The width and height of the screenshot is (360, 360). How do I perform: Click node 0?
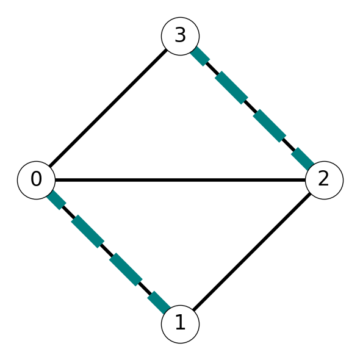coord(36,180)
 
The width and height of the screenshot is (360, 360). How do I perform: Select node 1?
coord(180,324)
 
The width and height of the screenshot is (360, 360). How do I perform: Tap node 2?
coord(324,180)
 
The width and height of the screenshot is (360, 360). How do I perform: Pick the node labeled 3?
coord(180,36)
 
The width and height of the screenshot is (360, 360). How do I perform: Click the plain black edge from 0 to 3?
coord(109,108)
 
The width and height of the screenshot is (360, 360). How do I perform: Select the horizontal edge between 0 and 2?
coord(180,180)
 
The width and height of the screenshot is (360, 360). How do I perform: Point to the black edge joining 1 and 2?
coord(252,252)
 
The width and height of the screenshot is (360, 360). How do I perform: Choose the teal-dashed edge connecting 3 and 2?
coord(252,108)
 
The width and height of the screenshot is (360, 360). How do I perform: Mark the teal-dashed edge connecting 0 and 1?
coord(109,252)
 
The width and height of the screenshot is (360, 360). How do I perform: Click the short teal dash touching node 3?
coord(200,56)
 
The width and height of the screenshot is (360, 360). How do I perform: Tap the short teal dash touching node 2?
coord(303,159)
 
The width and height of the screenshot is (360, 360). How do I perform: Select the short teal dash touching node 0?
coord(56,200)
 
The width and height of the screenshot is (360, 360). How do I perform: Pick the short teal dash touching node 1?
coord(159,303)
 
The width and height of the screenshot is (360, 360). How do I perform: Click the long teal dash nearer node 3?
coord(231,87)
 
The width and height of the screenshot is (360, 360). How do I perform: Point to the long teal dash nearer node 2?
coord(270,126)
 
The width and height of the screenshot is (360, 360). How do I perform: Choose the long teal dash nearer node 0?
coord(88,231)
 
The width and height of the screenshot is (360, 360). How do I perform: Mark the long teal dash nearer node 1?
coord(126,270)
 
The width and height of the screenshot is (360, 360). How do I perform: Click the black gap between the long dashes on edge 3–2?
coord(251,107)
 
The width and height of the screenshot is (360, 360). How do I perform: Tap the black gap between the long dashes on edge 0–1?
coord(107,251)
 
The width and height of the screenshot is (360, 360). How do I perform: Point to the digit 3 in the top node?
coord(180,35)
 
